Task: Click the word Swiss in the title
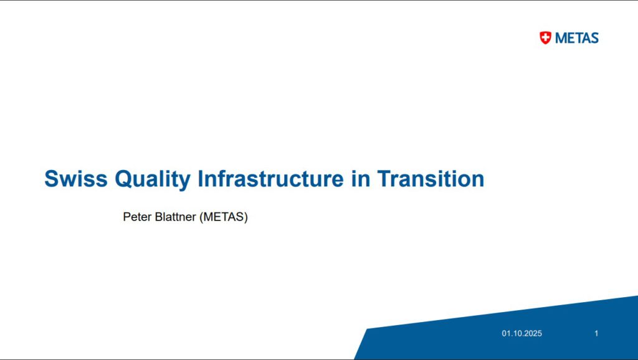(x=76, y=179)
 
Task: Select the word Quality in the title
(x=153, y=179)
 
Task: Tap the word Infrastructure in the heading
(x=270, y=179)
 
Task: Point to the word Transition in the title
(x=431, y=179)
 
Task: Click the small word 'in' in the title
(x=361, y=179)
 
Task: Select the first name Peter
(x=137, y=217)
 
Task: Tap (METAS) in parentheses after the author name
(x=224, y=217)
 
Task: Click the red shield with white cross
(x=545, y=38)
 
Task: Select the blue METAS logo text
(x=577, y=38)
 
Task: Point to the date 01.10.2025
(x=521, y=334)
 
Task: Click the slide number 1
(x=596, y=334)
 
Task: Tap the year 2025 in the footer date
(x=533, y=334)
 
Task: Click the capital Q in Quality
(x=124, y=179)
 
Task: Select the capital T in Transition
(x=385, y=179)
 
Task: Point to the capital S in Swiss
(x=52, y=179)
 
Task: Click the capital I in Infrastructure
(x=200, y=179)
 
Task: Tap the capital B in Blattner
(x=159, y=217)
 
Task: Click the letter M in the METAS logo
(x=561, y=38)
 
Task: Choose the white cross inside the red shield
(x=545, y=37)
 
